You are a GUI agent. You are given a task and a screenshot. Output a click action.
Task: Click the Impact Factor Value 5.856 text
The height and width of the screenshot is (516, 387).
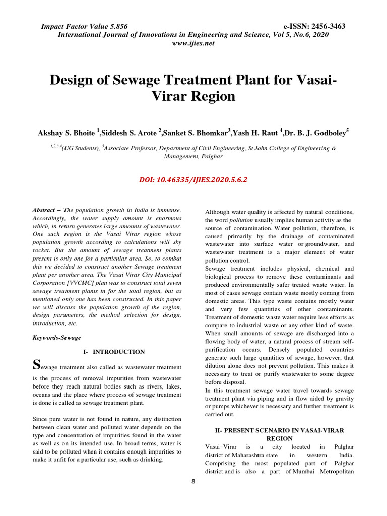click(x=84, y=26)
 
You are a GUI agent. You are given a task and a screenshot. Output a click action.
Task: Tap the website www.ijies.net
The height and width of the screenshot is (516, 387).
click(x=193, y=43)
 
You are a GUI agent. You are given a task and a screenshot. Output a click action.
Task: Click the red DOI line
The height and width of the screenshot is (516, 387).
click(x=193, y=179)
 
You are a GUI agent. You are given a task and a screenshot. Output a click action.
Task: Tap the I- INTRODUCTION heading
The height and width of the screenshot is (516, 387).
click(x=113, y=352)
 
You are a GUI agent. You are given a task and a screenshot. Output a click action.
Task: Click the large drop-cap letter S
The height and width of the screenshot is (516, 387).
click(x=36, y=364)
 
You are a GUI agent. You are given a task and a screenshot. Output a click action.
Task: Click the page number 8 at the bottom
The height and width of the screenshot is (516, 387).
click(x=193, y=481)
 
